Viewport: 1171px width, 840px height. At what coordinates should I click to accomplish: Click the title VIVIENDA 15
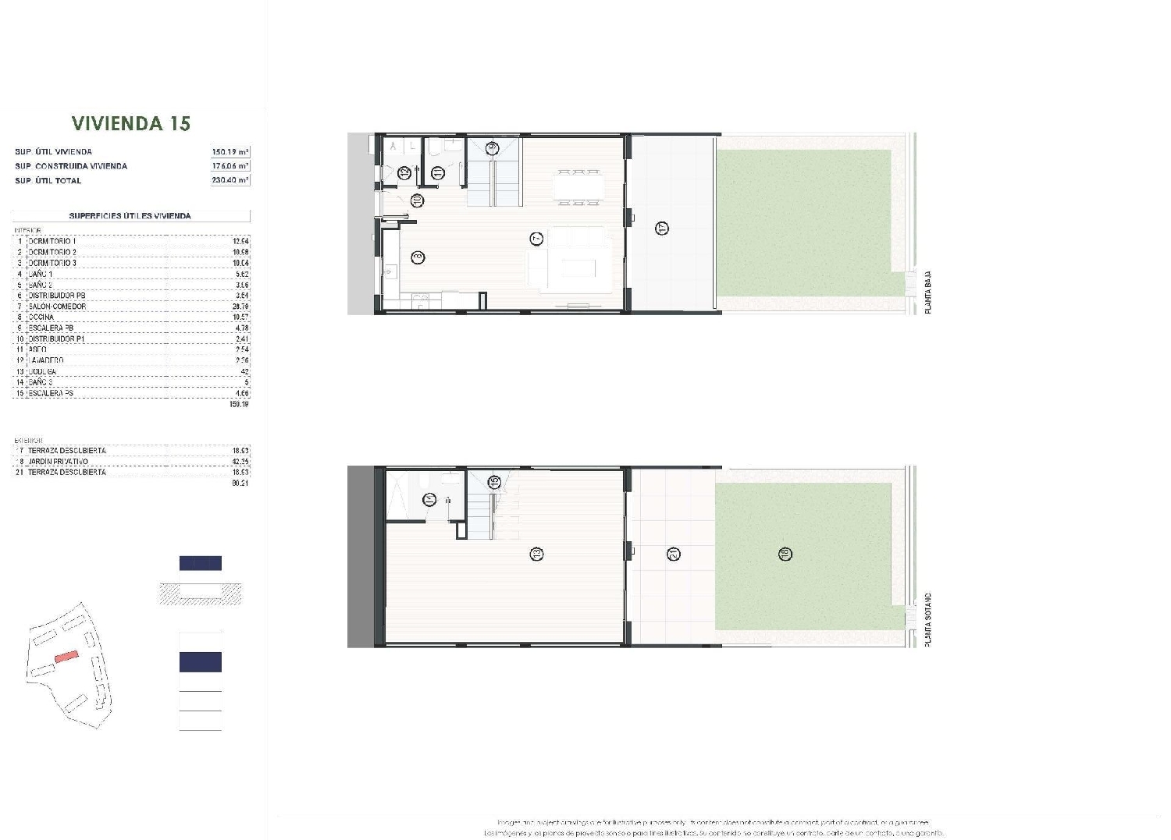[131, 123]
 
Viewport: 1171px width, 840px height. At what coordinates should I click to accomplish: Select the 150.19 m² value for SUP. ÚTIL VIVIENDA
[230, 152]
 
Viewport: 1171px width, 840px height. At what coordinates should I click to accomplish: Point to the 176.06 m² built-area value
[230, 166]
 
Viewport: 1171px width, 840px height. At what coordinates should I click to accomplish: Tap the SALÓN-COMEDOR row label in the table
[58, 307]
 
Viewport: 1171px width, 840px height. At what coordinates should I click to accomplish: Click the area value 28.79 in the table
[240, 307]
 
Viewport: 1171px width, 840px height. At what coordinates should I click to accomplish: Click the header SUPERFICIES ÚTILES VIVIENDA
[130, 216]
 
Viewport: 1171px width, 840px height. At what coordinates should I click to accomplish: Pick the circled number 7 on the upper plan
[536, 239]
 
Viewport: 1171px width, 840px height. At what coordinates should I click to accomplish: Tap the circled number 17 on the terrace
[662, 229]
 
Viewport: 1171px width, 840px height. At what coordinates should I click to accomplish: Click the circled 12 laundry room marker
[404, 174]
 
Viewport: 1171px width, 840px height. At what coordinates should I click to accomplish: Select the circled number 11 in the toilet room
[438, 173]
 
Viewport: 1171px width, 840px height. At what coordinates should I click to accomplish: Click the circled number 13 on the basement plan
[536, 554]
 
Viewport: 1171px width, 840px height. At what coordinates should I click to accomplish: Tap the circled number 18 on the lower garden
[785, 554]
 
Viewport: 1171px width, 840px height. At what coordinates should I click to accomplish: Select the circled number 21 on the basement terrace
[673, 554]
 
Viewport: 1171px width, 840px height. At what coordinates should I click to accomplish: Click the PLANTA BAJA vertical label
[928, 292]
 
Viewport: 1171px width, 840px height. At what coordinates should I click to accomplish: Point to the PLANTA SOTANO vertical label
[928, 620]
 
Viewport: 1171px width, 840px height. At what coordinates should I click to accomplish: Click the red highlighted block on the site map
[66, 657]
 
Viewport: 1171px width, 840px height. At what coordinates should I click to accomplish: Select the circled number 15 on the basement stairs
[494, 483]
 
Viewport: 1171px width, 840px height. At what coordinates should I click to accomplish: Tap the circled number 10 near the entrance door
[417, 200]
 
